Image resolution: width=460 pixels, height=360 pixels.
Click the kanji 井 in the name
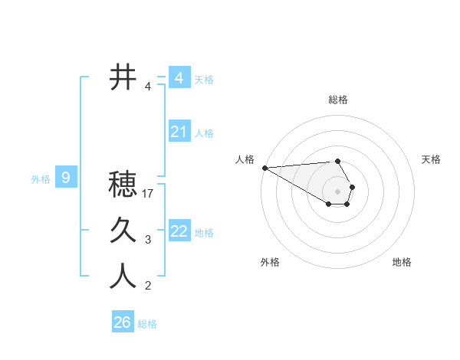click(x=123, y=77)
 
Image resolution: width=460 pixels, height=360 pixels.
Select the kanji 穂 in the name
click(x=123, y=185)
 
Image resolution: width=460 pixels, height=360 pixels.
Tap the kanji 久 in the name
click(x=123, y=230)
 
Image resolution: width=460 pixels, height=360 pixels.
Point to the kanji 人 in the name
click(x=123, y=277)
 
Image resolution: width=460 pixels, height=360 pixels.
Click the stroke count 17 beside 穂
click(x=149, y=194)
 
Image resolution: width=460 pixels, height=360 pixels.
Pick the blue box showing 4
click(x=179, y=77)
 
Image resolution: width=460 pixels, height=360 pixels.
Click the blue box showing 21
click(x=179, y=132)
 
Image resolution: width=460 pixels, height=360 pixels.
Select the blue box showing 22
click(x=179, y=231)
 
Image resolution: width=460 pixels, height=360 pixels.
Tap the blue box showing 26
click(x=122, y=322)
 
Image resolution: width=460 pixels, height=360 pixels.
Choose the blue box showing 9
click(x=66, y=178)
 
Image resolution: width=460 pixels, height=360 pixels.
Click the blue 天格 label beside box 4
click(x=204, y=79)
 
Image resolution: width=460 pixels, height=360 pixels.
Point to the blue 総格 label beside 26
click(x=147, y=324)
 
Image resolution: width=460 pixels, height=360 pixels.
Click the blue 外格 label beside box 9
click(x=41, y=179)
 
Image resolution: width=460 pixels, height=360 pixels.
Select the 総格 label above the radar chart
click(x=338, y=100)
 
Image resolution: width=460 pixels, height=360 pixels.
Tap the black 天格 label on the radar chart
click(x=431, y=159)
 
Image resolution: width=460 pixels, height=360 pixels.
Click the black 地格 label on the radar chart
click(x=402, y=262)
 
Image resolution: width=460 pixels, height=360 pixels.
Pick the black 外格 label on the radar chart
click(x=270, y=262)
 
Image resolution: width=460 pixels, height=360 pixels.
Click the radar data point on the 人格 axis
click(x=264, y=168)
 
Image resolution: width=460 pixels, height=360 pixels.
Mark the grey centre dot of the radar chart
click(x=338, y=191)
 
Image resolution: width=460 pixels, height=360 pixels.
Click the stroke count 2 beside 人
click(x=148, y=286)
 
